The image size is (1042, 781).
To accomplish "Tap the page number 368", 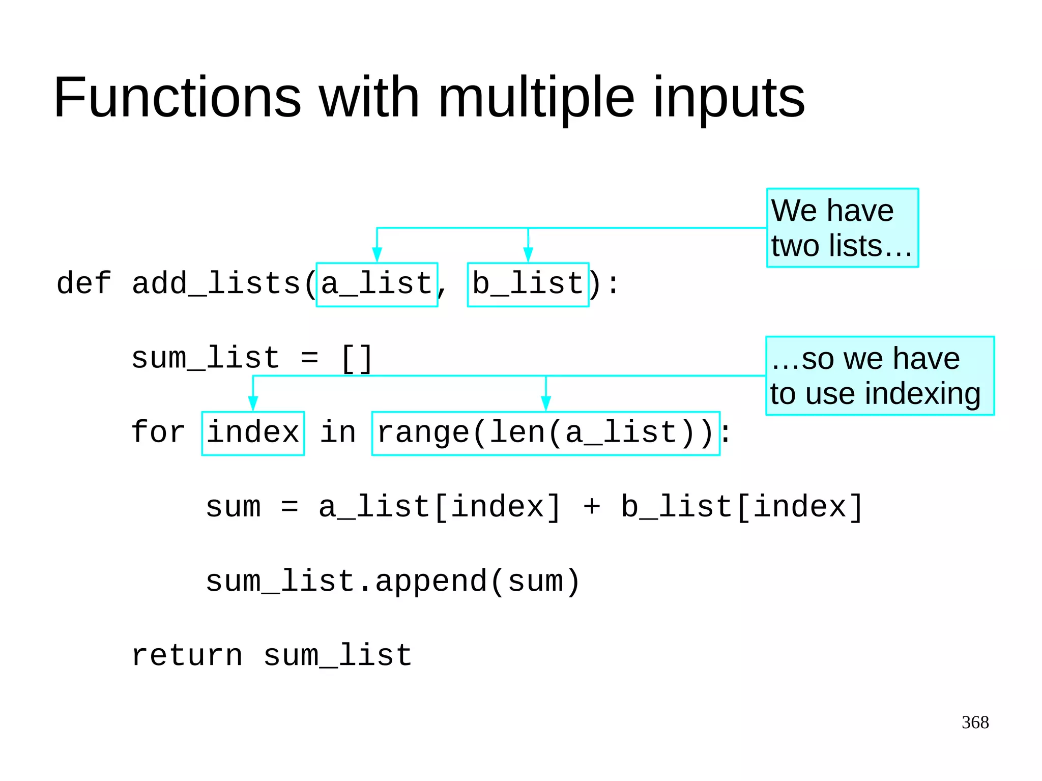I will point(975,722).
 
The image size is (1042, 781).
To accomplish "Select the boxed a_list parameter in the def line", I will point(377,284).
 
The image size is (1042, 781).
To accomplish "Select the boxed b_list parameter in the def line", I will point(528,284).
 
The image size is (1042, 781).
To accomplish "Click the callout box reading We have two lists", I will point(842,228).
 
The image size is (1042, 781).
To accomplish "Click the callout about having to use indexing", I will point(879,376).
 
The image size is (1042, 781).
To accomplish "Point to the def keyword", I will point(83,283).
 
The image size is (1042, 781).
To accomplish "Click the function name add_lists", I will point(216,284).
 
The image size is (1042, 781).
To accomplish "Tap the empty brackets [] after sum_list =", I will point(357,359).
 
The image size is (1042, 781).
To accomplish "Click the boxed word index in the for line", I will point(253,433).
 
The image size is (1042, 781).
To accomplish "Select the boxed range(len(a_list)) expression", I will point(545,433).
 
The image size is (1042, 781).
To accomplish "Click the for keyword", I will point(158,432).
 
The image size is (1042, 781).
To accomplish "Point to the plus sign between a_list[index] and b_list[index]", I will point(592,507).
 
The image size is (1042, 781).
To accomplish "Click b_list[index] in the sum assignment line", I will point(742,507).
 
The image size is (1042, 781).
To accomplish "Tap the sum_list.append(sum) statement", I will point(392,582).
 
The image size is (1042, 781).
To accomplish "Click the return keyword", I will point(187,656).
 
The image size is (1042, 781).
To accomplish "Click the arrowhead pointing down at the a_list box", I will point(377,254).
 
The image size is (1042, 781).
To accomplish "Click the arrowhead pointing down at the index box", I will point(253,403).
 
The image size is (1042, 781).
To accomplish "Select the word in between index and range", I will point(338,433).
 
